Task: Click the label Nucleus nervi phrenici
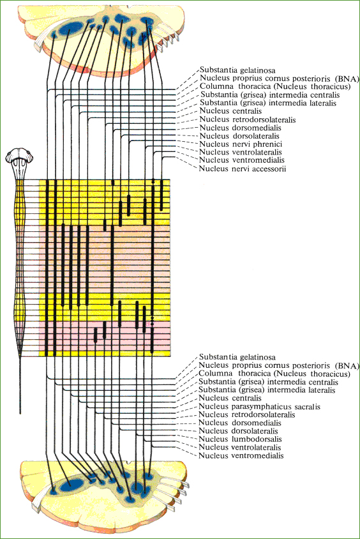241,144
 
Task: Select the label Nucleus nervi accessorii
243,169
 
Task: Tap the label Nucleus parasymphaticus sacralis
259,407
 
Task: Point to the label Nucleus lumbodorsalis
240,439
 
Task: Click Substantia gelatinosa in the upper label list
237,70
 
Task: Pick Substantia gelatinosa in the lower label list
237,357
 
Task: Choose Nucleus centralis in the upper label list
230,111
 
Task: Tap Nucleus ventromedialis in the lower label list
241,455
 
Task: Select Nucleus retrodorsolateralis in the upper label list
248,119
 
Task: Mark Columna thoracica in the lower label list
274,374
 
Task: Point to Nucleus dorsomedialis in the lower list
240,423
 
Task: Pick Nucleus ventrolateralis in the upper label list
241,152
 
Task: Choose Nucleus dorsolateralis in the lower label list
238,431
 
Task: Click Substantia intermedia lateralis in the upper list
268,103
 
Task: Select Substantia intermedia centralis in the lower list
268,382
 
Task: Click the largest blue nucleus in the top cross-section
71,28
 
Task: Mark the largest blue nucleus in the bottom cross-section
71,485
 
